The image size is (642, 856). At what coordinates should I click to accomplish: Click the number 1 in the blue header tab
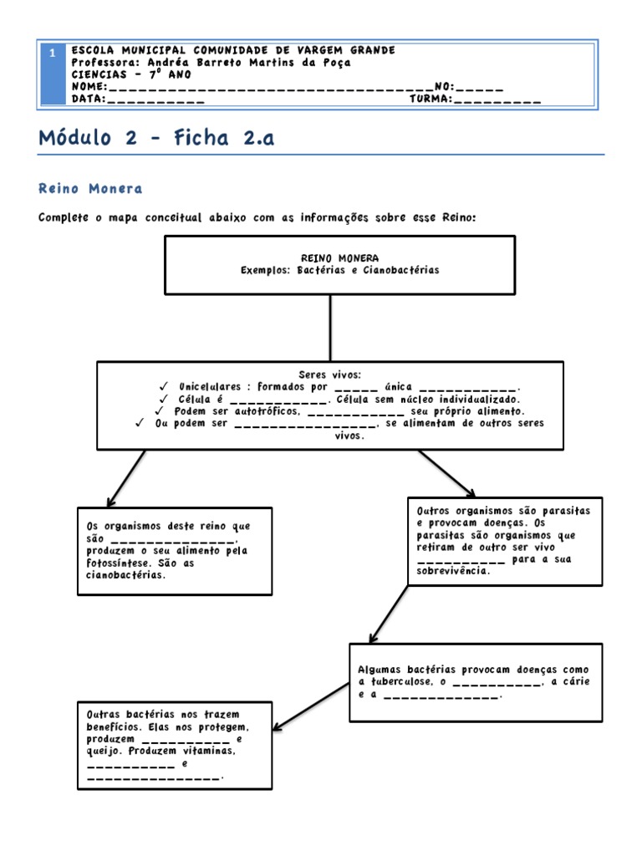[52, 53]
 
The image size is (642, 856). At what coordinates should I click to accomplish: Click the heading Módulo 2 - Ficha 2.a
[156, 139]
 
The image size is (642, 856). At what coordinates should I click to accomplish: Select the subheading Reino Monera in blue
[90, 189]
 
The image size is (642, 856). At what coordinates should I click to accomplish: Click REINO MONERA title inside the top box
[339, 258]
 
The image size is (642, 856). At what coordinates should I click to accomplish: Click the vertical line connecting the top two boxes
[330, 328]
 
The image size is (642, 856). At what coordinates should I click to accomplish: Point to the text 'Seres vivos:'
[329, 374]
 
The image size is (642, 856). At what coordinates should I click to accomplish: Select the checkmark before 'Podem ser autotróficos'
[160, 411]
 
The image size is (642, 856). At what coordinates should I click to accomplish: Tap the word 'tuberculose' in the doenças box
[400, 682]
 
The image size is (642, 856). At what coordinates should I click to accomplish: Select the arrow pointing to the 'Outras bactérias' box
[309, 706]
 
